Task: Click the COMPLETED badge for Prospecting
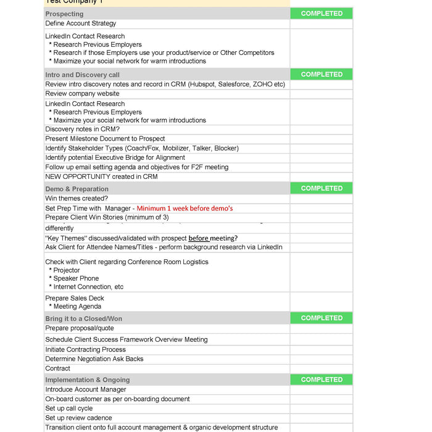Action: click(322, 14)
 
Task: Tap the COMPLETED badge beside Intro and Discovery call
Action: click(322, 75)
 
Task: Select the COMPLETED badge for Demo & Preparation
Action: click(322, 189)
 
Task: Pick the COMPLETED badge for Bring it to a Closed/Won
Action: click(322, 318)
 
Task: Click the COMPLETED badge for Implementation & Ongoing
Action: click(322, 380)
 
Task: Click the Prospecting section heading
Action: click(64, 14)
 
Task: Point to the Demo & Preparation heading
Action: click(77, 189)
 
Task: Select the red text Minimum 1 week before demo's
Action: click(185, 209)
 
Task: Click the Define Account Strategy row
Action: click(80, 23)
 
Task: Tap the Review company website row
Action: click(82, 94)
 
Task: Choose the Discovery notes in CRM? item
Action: click(82, 130)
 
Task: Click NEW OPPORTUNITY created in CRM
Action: click(101, 177)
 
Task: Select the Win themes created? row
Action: click(77, 199)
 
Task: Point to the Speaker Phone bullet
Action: click(76, 278)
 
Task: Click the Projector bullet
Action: click(67, 270)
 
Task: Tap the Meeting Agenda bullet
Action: click(77, 307)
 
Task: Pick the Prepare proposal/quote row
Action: click(80, 328)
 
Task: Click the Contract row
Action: click(58, 368)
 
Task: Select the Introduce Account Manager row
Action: click(86, 390)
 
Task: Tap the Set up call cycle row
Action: click(69, 409)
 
